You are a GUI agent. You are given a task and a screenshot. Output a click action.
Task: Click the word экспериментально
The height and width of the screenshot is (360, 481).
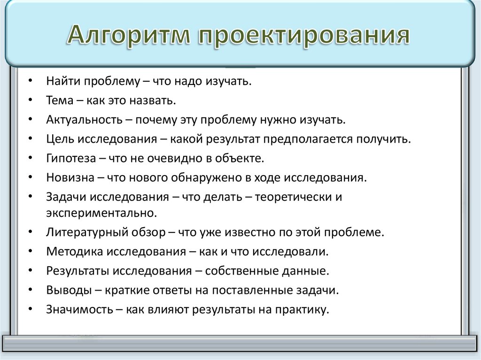(x=101, y=213)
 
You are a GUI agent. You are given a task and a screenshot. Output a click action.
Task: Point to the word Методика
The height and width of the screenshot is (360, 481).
(x=74, y=251)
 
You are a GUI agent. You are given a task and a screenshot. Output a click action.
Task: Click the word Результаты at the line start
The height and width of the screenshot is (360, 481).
(x=78, y=270)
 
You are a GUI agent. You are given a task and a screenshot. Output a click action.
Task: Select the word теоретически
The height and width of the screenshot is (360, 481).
(x=293, y=197)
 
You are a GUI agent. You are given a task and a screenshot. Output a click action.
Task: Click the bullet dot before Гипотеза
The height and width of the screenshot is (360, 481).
(x=30, y=158)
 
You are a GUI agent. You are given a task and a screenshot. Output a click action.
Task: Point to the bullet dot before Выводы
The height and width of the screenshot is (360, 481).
(x=30, y=290)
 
